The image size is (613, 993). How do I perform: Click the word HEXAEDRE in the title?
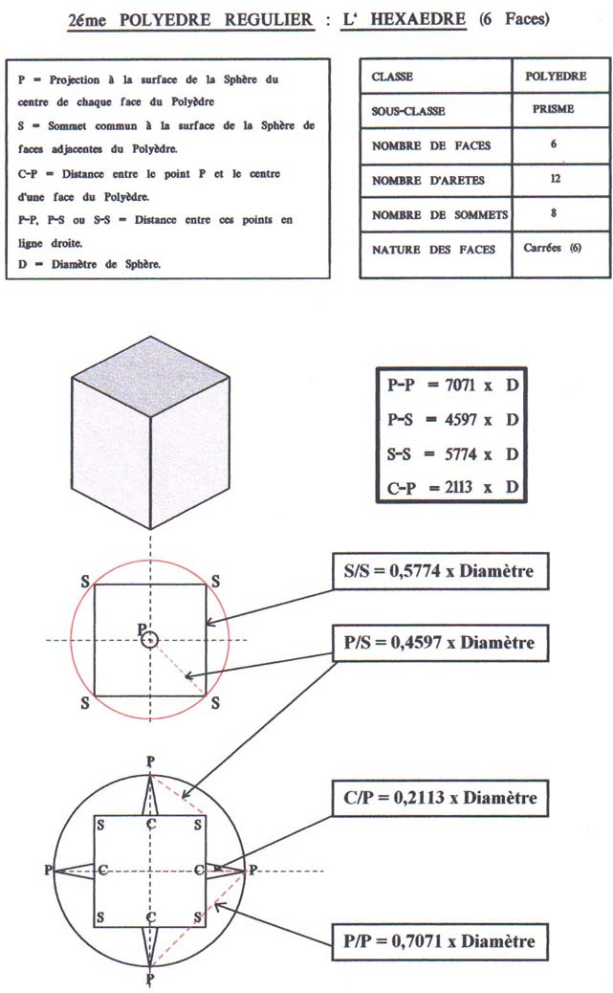pyautogui.click(x=418, y=19)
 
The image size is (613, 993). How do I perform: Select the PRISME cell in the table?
pyautogui.click(x=553, y=109)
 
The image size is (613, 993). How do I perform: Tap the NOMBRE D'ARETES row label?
pyautogui.click(x=428, y=181)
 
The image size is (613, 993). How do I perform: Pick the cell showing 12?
pyautogui.click(x=556, y=179)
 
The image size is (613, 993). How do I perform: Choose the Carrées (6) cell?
pyautogui.click(x=552, y=248)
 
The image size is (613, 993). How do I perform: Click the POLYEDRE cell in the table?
pyautogui.click(x=556, y=76)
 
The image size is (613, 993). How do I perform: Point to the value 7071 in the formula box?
pyautogui.click(x=460, y=385)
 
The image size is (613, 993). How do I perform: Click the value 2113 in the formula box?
pyautogui.click(x=458, y=488)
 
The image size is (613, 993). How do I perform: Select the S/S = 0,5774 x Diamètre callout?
pyautogui.click(x=440, y=571)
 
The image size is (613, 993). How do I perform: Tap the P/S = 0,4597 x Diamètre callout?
pyautogui.click(x=440, y=643)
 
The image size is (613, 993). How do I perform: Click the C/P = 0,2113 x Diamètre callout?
pyautogui.click(x=440, y=797)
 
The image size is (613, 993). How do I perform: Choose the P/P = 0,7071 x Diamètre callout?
pyautogui.click(x=440, y=941)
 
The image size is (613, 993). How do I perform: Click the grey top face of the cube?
pyautogui.click(x=151, y=377)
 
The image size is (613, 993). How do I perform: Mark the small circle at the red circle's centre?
pyautogui.click(x=149, y=639)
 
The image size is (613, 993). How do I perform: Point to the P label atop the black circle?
pyautogui.click(x=150, y=761)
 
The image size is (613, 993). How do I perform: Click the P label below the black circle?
pyautogui.click(x=150, y=980)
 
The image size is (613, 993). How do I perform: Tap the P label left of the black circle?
pyautogui.click(x=48, y=871)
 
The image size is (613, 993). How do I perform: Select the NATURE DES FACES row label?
pyautogui.click(x=433, y=250)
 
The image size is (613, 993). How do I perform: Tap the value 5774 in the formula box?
pyautogui.click(x=460, y=454)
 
